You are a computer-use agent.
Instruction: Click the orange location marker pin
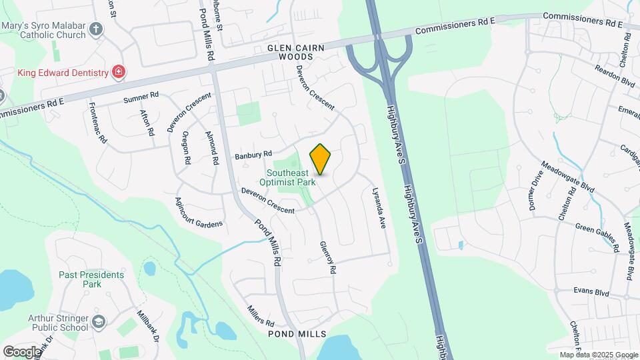[321, 159]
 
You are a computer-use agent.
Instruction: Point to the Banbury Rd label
[253, 155]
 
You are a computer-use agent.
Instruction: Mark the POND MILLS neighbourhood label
[297, 333]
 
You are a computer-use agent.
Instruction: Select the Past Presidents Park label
[91, 279]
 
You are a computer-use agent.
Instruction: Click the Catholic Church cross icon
[97, 29]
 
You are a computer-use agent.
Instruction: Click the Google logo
[22, 351]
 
